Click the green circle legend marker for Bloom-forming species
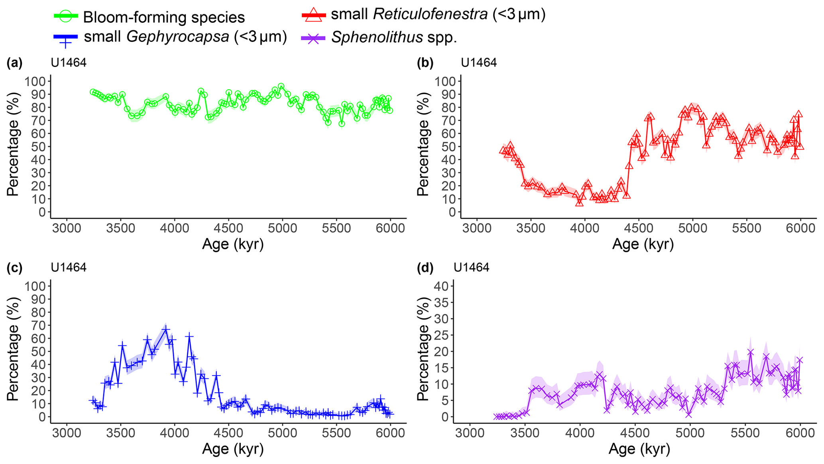pyautogui.click(x=66, y=16)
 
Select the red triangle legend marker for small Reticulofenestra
pyautogui.click(x=314, y=14)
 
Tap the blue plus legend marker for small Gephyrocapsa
pyautogui.click(x=66, y=39)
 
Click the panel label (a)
pyautogui.click(x=14, y=63)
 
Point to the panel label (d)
pyautogui.click(x=425, y=268)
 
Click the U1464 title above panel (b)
pyautogui.click(x=478, y=63)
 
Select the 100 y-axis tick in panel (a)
pyautogui.click(x=35, y=82)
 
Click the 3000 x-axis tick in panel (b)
pyautogui.click(x=476, y=229)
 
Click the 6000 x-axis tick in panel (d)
pyautogui.click(x=799, y=433)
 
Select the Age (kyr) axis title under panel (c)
pyautogui.click(x=233, y=449)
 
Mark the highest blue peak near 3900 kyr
pyautogui.click(x=166, y=329)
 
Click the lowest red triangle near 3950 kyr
pyautogui.click(x=579, y=202)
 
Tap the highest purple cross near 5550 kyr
pyautogui.click(x=751, y=352)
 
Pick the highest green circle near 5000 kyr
pyautogui.click(x=281, y=86)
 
